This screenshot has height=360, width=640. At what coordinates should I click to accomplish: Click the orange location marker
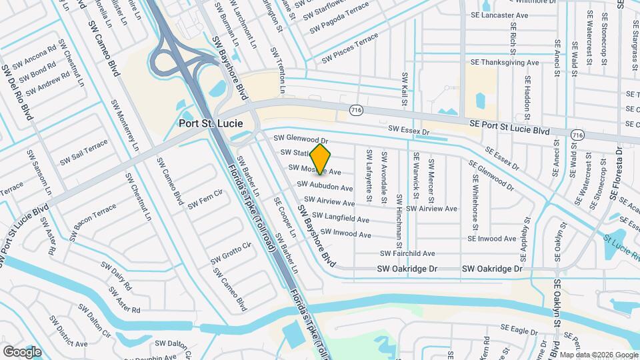(x=321, y=159)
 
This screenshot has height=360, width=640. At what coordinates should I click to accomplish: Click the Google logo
(x=22, y=351)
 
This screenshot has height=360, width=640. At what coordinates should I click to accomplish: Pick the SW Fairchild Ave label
(x=407, y=253)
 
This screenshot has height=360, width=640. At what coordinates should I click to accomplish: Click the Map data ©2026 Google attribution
(x=598, y=354)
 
